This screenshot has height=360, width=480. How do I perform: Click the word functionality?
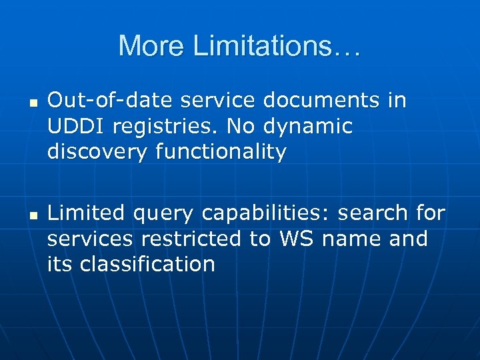(221, 152)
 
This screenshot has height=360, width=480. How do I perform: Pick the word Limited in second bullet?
(86, 213)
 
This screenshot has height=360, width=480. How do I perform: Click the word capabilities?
(269, 213)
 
